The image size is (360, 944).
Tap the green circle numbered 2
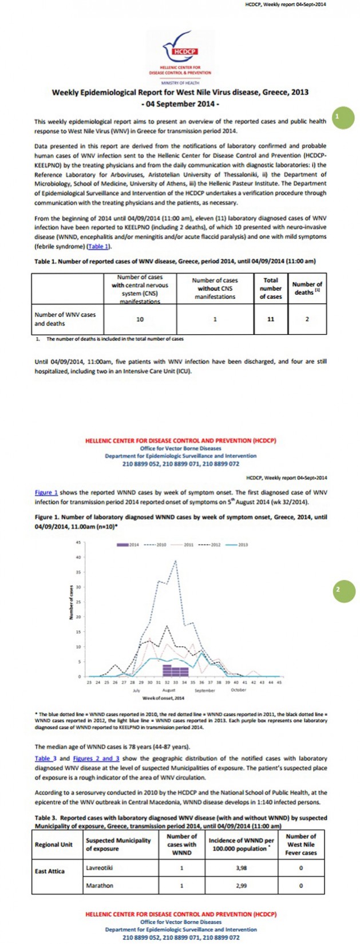pyautogui.click(x=343, y=590)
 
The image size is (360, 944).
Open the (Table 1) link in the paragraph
pyautogui.click(x=99, y=247)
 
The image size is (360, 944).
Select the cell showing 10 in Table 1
pyautogui.click(x=140, y=319)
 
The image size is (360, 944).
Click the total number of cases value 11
pyautogui.click(x=271, y=319)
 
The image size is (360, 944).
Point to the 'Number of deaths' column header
pyautogui.click(x=307, y=288)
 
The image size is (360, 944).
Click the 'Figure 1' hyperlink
pyautogui.click(x=46, y=492)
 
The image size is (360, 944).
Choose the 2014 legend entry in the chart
pyautogui.click(x=128, y=545)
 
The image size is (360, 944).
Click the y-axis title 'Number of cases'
pyautogui.click(x=71, y=602)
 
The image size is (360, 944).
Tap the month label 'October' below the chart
pyautogui.click(x=238, y=690)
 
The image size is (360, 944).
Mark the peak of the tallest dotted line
pyautogui.click(x=175, y=561)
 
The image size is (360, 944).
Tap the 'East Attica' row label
pyautogui.click(x=50, y=871)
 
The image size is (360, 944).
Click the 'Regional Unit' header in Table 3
pyautogui.click(x=54, y=844)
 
